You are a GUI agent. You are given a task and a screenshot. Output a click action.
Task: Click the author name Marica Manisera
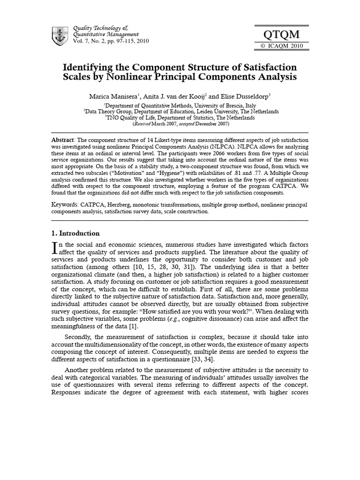[111, 97]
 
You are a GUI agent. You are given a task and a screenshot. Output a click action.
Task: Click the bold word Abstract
[63, 140]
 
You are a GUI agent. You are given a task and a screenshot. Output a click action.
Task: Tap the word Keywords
[65, 205]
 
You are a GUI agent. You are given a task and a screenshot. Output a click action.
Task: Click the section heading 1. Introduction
[75, 233]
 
